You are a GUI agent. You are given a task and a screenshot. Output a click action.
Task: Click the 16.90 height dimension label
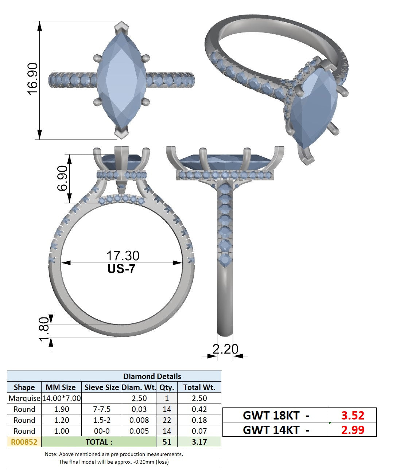tap(32, 79)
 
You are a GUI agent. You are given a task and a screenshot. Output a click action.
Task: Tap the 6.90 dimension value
tap(62, 179)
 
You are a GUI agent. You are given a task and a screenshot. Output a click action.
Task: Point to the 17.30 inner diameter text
tap(123, 255)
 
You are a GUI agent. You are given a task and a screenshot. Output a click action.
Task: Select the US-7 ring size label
tap(121, 269)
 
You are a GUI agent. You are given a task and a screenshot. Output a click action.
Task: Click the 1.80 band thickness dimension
tap(44, 329)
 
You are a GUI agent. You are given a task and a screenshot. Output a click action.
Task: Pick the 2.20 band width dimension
tap(225, 349)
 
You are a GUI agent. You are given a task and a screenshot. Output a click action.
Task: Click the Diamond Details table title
tap(152, 376)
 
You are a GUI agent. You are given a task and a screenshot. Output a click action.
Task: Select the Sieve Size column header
tap(102, 387)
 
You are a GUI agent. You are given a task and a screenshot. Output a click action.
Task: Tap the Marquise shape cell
tap(24, 398)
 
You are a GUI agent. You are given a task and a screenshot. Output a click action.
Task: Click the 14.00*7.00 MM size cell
tap(62, 398)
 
